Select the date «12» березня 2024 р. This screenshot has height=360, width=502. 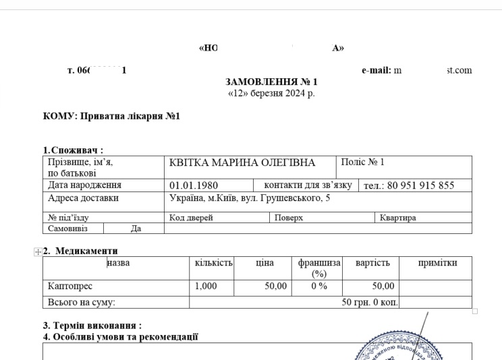271,93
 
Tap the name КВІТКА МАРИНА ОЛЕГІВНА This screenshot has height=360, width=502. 242,162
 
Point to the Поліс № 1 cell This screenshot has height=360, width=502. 363,162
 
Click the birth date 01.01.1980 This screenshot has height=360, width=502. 194,185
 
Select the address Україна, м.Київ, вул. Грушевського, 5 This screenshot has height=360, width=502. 250,198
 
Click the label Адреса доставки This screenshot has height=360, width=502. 83,198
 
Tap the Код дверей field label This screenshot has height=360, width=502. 191,218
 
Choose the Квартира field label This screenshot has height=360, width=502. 397,218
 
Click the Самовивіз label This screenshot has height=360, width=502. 68,229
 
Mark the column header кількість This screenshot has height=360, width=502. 213,263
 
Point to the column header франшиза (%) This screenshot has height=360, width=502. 319,268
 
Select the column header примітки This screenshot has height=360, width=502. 437,263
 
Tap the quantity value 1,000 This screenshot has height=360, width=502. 206,287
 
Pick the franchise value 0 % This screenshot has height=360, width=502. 318,287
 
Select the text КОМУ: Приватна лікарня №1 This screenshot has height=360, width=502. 111,116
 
